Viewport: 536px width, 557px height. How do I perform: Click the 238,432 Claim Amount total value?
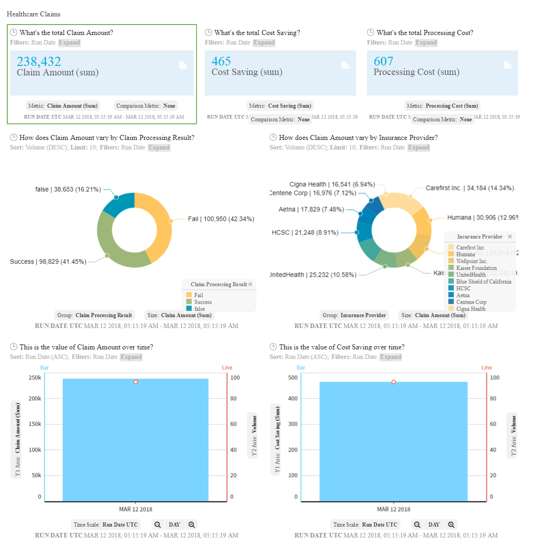coord(39,61)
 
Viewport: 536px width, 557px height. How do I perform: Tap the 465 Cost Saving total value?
coord(221,61)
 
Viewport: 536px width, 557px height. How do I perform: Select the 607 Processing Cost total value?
coord(383,61)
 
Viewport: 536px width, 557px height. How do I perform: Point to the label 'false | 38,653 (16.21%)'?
coord(68,189)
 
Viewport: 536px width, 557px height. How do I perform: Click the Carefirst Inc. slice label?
coord(469,188)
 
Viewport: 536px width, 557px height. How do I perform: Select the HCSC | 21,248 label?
coord(305,233)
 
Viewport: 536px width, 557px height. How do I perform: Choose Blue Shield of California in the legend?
coord(483,282)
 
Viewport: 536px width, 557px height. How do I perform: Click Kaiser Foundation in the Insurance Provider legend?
coord(476,268)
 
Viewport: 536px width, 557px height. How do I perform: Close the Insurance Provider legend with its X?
coord(510,237)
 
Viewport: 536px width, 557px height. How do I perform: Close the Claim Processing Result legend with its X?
coord(250,284)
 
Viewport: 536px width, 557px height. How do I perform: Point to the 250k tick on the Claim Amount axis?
coord(35,378)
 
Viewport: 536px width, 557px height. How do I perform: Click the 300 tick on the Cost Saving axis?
coord(293,424)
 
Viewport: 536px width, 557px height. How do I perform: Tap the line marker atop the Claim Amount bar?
coord(135,382)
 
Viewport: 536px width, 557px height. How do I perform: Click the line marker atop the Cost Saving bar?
coord(393,382)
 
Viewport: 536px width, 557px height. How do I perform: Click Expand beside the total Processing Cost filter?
coord(426,43)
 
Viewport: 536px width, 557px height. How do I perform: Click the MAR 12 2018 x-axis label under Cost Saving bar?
coord(393,509)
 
